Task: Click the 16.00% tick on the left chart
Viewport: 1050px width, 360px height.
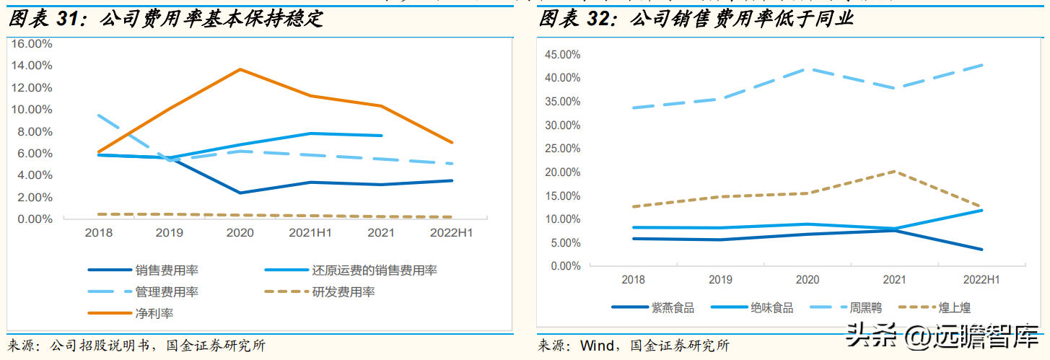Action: pyautogui.click(x=30, y=43)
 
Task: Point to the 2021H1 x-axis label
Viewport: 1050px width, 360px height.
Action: pyautogui.click(x=310, y=233)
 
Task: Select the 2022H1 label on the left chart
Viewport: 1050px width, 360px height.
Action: pyautogui.click(x=451, y=233)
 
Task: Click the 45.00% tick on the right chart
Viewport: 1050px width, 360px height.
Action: pyautogui.click(x=561, y=55)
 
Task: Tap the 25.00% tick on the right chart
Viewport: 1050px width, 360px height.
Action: pyautogui.click(x=561, y=149)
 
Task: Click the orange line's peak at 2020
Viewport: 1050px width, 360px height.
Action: pyautogui.click(x=240, y=69)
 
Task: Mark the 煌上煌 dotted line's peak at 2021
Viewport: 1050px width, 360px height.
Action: pyautogui.click(x=894, y=171)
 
